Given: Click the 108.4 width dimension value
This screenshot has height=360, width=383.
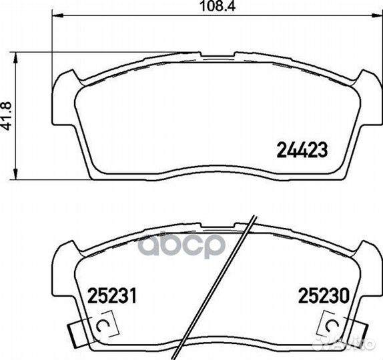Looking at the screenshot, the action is tap(217, 6).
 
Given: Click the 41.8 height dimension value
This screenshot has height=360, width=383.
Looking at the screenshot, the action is tap(7, 116).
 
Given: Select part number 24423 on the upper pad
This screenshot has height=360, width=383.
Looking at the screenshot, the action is tap(302, 150).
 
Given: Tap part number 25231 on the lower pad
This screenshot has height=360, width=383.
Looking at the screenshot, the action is tap(112, 295).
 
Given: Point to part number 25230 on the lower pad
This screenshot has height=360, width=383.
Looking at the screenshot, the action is tap(323, 295).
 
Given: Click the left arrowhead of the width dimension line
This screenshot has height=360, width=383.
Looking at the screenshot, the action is tap(57, 16).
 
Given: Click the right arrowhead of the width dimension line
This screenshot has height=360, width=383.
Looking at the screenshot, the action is tap(376, 15).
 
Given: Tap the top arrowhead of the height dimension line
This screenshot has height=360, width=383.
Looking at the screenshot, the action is tap(15, 57).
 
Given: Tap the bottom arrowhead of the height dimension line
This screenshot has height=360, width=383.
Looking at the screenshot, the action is tap(15, 174).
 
